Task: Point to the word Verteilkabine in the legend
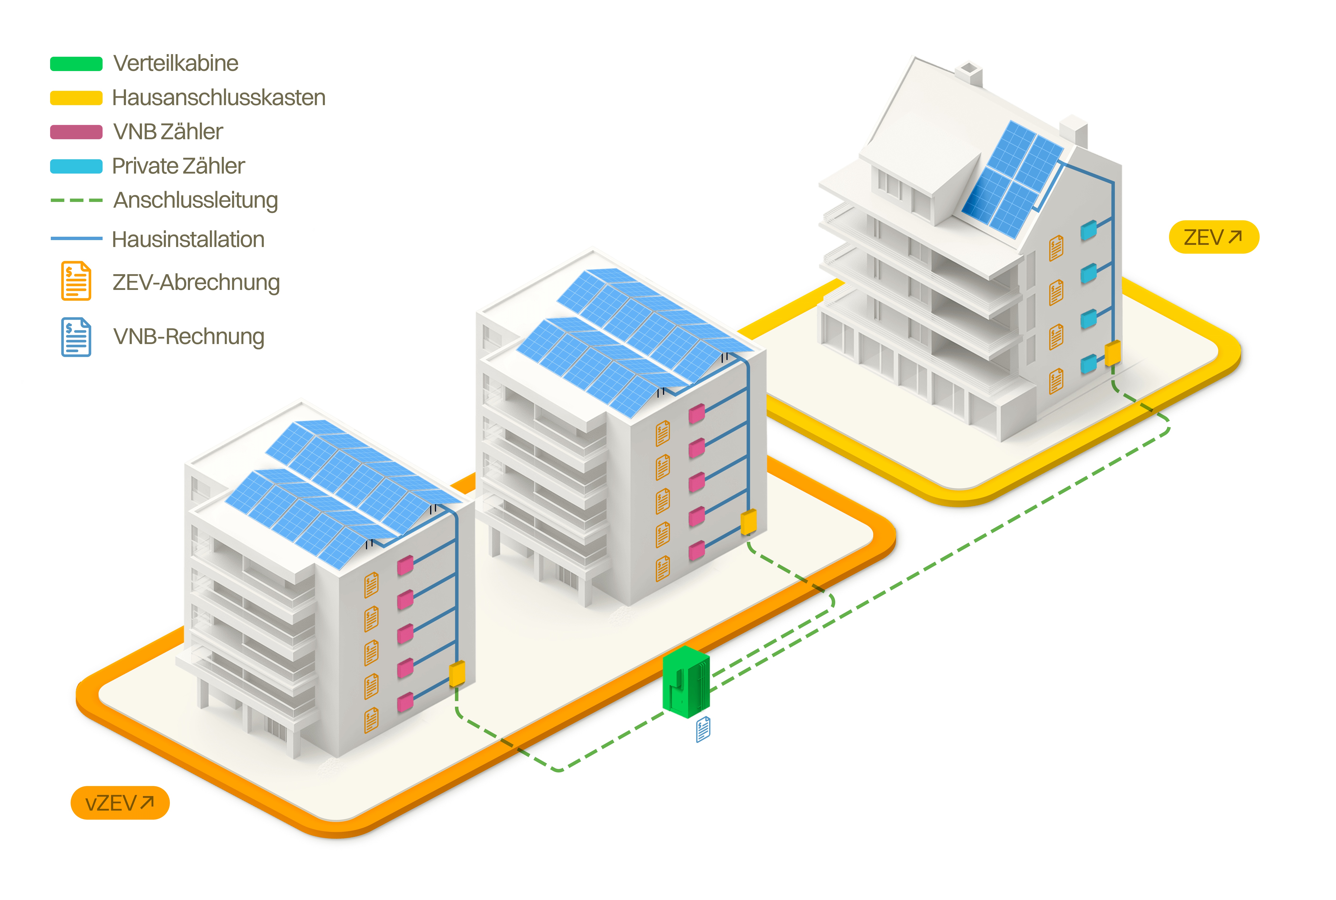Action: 175,63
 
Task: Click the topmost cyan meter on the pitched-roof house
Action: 1088,230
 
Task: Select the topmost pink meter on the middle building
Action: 696,413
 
